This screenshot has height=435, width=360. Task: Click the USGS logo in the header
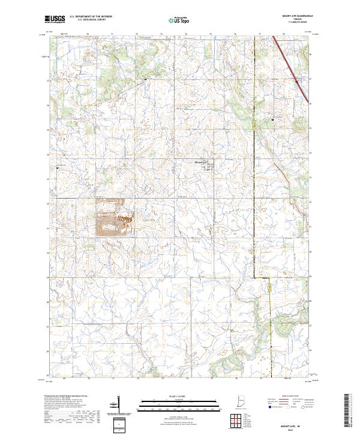click(55, 19)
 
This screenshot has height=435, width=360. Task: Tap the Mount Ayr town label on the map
click(200, 161)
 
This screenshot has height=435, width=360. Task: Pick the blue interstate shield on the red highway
click(295, 78)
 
